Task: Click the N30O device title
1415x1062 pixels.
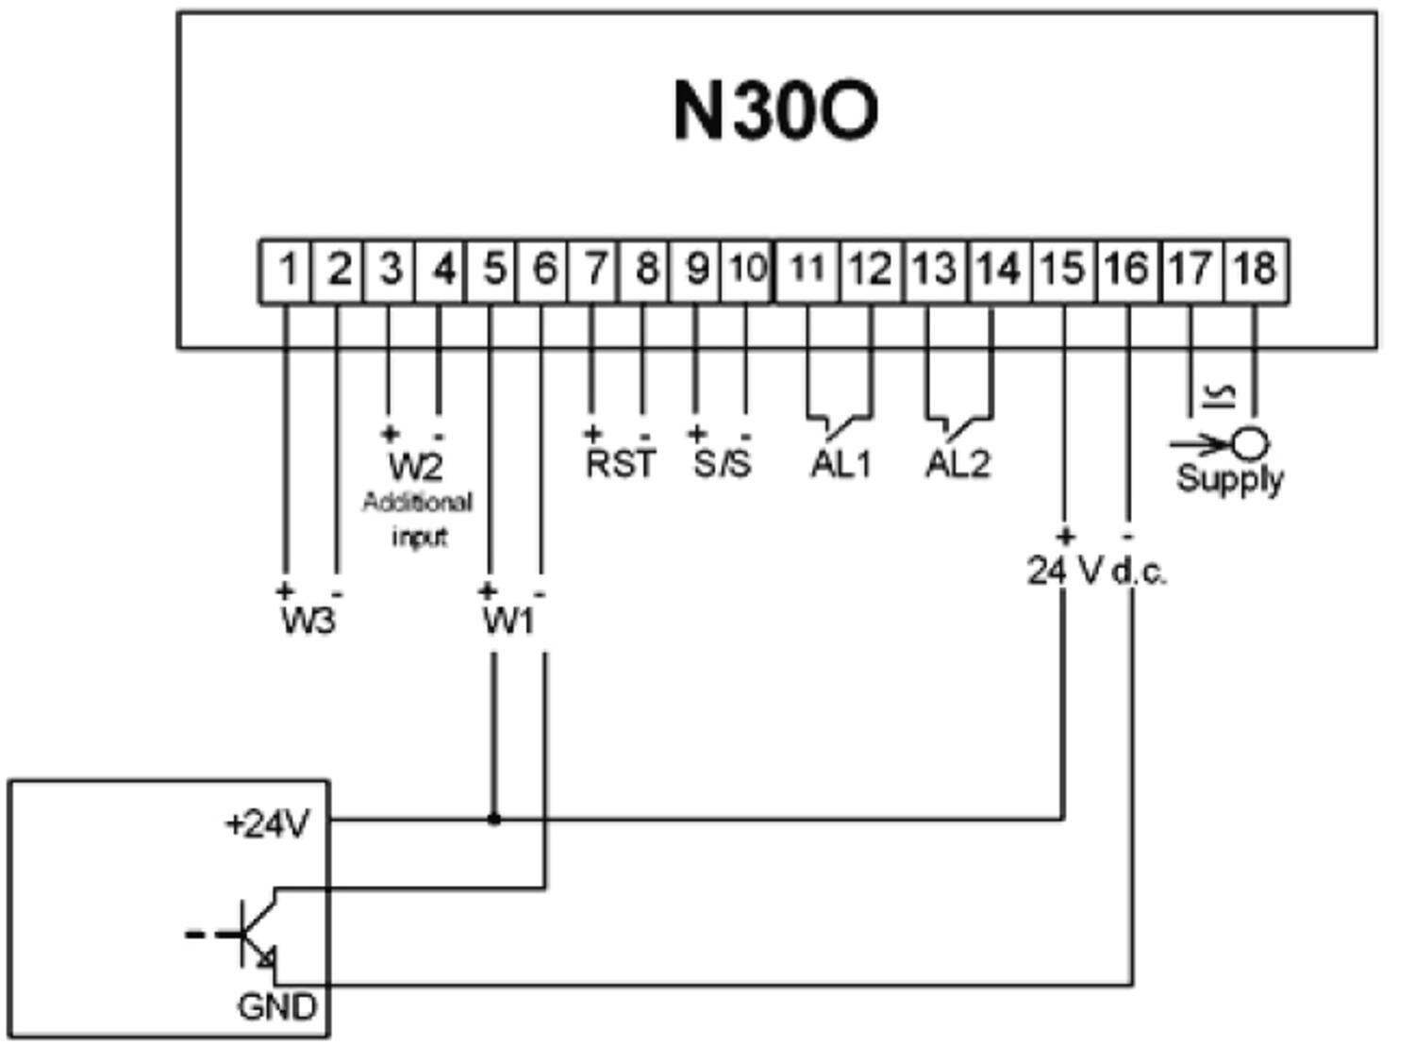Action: [775, 110]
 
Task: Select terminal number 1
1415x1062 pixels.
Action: [287, 271]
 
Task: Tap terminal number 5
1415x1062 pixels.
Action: [492, 271]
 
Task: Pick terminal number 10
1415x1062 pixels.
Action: [747, 271]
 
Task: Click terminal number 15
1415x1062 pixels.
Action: [1063, 271]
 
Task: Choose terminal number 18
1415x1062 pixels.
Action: [1254, 271]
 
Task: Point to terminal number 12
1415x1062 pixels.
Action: [869, 271]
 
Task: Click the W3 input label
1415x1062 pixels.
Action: [308, 621]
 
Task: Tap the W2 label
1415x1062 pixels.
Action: [415, 466]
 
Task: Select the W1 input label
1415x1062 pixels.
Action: [508, 621]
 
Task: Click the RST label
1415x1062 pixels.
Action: [620, 463]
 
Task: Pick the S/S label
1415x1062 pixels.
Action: [723, 463]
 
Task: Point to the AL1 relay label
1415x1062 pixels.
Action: [841, 463]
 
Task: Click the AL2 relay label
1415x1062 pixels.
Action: [957, 463]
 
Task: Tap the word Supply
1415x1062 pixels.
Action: [1229, 478]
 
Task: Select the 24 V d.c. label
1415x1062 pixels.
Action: [1096, 571]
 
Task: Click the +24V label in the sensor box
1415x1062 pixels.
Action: [267, 824]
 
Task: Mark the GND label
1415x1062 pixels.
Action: [276, 1007]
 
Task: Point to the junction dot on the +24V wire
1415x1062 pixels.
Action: [493, 819]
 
